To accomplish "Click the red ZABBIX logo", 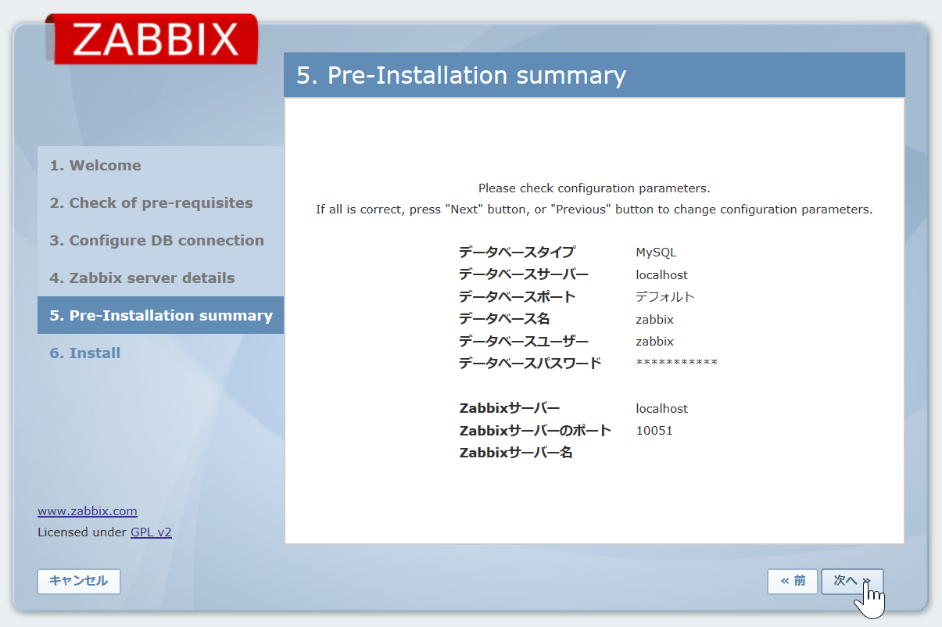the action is click(x=152, y=39).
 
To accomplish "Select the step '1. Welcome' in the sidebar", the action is click(x=95, y=165).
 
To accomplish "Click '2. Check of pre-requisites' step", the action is click(x=152, y=202).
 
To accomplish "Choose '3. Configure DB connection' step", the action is click(x=157, y=240).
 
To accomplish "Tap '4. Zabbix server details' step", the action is click(x=142, y=278).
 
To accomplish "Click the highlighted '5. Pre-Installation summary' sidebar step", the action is click(x=160, y=315).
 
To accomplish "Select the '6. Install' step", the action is click(x=85, y=353).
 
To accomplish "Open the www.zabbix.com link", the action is click(x=88, y=511).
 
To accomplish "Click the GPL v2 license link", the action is click(x=151, y=532).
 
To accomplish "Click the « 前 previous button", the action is click(x=793, y=581).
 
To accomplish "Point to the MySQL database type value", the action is click(x=656, y=253).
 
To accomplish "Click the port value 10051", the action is click(x=654, y=431).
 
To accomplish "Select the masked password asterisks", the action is click(x=677, y=362).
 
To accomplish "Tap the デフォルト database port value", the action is click(x=664, y=297).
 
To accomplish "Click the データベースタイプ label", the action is click(x=517, y=253).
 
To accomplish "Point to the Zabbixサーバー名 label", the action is click(x=516, y=453).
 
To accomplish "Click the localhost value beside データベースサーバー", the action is click(x=662, y=275).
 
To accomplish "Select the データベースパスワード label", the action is click(x=530, y=363).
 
